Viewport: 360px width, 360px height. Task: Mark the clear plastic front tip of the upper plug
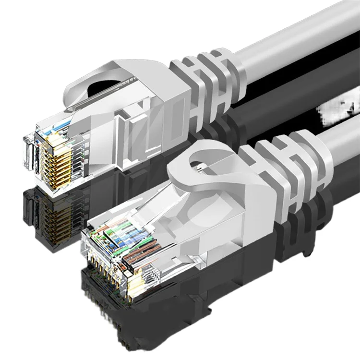(29, 149)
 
